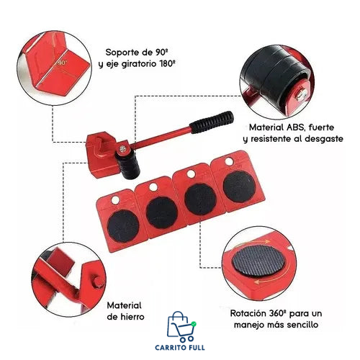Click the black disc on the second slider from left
[x=161, y=209]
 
